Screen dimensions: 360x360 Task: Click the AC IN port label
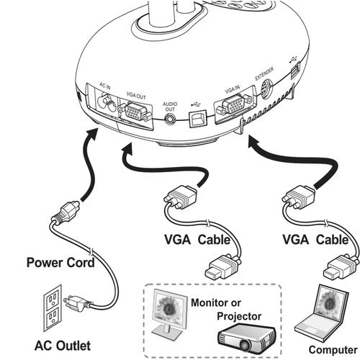click(x=105, y=86)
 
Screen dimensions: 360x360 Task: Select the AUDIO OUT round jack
click(x=170, y=118)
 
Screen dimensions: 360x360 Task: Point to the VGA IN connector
click(x=235, y=105)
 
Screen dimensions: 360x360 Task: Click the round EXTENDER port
click(x=266, y=89)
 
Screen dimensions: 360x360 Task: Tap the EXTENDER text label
click(x=264, y=73)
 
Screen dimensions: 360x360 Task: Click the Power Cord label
click(x=60, y=262)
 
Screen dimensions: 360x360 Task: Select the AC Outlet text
click(x=63, y=346)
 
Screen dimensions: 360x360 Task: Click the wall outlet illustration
click(x=53, y=307)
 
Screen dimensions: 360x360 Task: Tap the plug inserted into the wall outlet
click(x=76, y=302)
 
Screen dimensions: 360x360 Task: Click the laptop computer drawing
click(x=322, y=315)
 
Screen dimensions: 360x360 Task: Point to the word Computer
click(x=333, y=350)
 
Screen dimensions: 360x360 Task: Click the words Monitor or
click(x=216, y=302)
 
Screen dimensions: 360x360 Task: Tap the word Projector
click(x=239, y=316)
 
